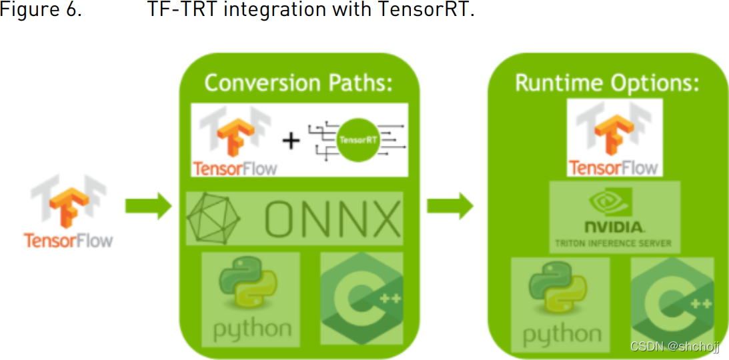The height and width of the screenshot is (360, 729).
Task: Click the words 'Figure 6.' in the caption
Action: click(41, 12)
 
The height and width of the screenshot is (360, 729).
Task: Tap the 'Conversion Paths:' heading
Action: click(297, 83)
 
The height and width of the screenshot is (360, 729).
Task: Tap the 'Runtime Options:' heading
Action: click(606, 83)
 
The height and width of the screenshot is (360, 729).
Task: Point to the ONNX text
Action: click(333, 219)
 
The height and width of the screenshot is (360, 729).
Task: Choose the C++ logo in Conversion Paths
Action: click(361, 298)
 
